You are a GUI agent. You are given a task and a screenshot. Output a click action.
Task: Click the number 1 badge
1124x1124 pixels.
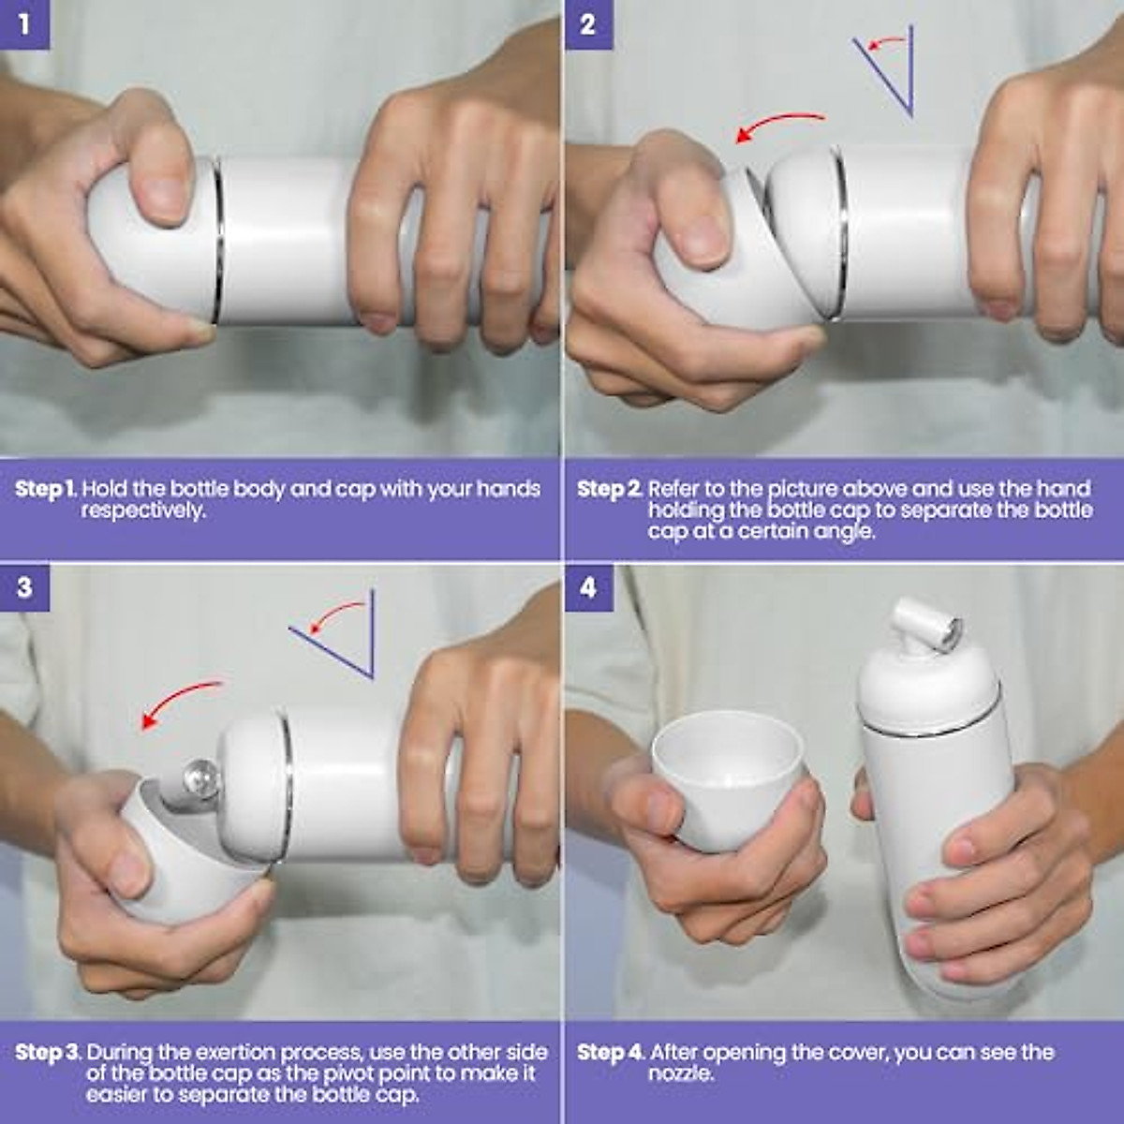(24, 24)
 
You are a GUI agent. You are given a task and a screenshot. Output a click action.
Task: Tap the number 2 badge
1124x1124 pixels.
(588, 24)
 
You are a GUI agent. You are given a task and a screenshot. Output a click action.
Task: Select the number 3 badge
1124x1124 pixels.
(24, 587)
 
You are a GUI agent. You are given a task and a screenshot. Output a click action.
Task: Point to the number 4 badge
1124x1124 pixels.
(588, 587)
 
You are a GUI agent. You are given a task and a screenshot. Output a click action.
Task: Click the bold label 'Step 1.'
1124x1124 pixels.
(47, 489)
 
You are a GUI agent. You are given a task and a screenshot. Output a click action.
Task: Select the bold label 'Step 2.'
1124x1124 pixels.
(610, 489)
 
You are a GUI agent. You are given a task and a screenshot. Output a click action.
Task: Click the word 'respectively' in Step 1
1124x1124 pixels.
(141, 511)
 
